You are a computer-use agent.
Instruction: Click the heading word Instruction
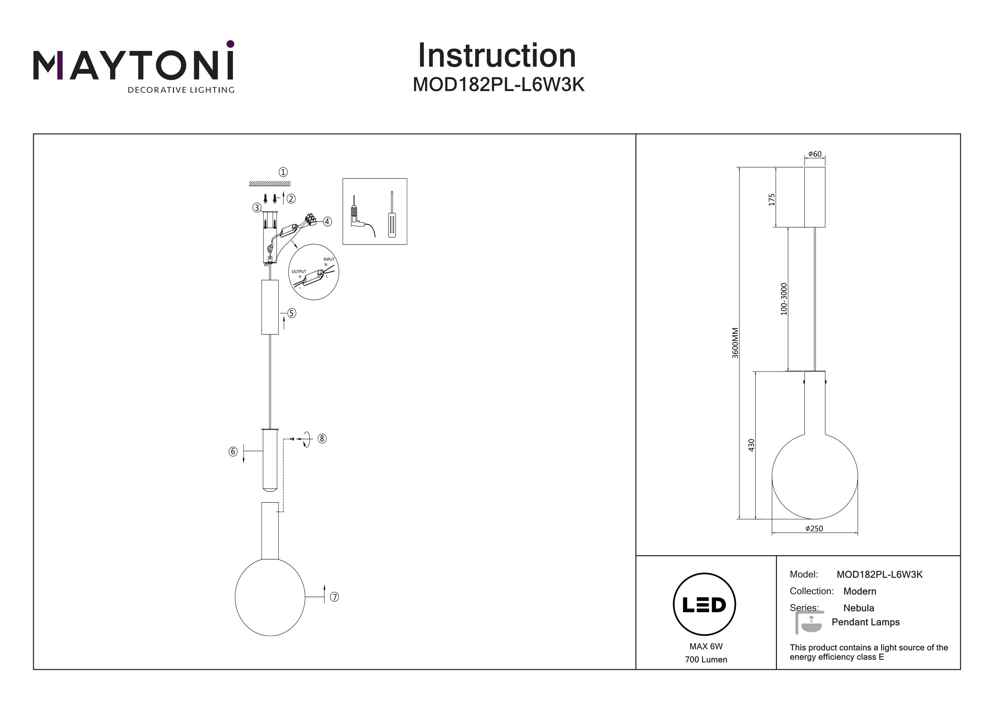click(x=497, y=56)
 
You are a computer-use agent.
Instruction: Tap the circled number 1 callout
click(x=283, y=172)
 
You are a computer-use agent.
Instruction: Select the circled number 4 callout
click(x=327, y=222)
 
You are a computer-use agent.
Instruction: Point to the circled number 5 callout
click(x=292, y=313)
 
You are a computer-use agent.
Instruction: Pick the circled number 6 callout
click(x=233, y=452)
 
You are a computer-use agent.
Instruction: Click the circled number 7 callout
click(x=334, y=597)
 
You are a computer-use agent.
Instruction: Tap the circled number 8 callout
click(x=322, y=439)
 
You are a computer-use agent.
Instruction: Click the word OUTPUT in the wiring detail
click(x=299, y=271)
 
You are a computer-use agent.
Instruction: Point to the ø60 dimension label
click(x=814, y=154)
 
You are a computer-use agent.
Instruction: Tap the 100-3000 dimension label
click(x=784, y=299)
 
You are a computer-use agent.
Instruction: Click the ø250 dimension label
click(x=814, y=528)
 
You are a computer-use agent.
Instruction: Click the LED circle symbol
click(x=704, y=605)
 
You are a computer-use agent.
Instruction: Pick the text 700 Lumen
click(x=706, y=660)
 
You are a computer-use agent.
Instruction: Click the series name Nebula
click(x=858, y=608)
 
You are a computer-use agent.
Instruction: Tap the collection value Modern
click(x=859, y=591)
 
